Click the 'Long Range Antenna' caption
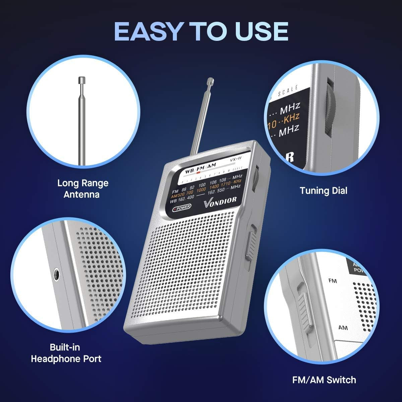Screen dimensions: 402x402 coord(83,189)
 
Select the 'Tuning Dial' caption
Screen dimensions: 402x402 coord(323,191)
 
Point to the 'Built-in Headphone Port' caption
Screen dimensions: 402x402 coord(66,353)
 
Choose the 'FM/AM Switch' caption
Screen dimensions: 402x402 coord(324,380)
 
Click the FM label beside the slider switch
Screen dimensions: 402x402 coord(333,280)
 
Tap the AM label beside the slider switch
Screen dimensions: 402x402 coord(343,327)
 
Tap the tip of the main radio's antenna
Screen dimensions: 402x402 coord(211,80)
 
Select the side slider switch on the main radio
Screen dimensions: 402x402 coord(251,243)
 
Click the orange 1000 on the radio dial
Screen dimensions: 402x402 coord(201,190)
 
